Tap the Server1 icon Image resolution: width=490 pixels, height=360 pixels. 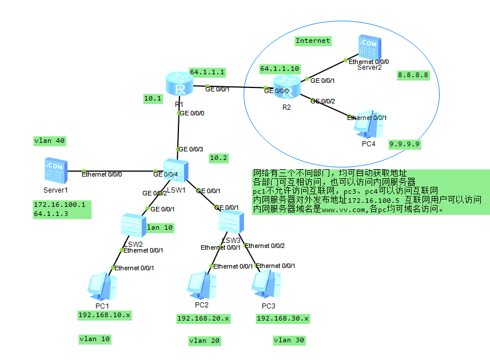coord(55,171)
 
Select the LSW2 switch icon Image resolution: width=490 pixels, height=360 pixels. coord(134,226)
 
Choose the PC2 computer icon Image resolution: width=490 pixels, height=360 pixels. coord(202,285)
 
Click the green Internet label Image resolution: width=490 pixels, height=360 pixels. coord(313,41)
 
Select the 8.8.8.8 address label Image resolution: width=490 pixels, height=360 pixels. coord(413,75)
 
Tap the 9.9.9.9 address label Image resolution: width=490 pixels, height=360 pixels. coord(405,145)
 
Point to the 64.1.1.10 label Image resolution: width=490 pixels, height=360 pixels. coord(280,69)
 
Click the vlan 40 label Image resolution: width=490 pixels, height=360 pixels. coord(49,141)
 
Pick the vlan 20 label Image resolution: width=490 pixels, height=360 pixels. coord(204,341)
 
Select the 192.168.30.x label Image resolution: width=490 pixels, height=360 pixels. coord(282,318)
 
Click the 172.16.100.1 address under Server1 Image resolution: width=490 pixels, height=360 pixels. coord(59,205)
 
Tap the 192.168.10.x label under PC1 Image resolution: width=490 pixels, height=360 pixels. coord(105,315)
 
